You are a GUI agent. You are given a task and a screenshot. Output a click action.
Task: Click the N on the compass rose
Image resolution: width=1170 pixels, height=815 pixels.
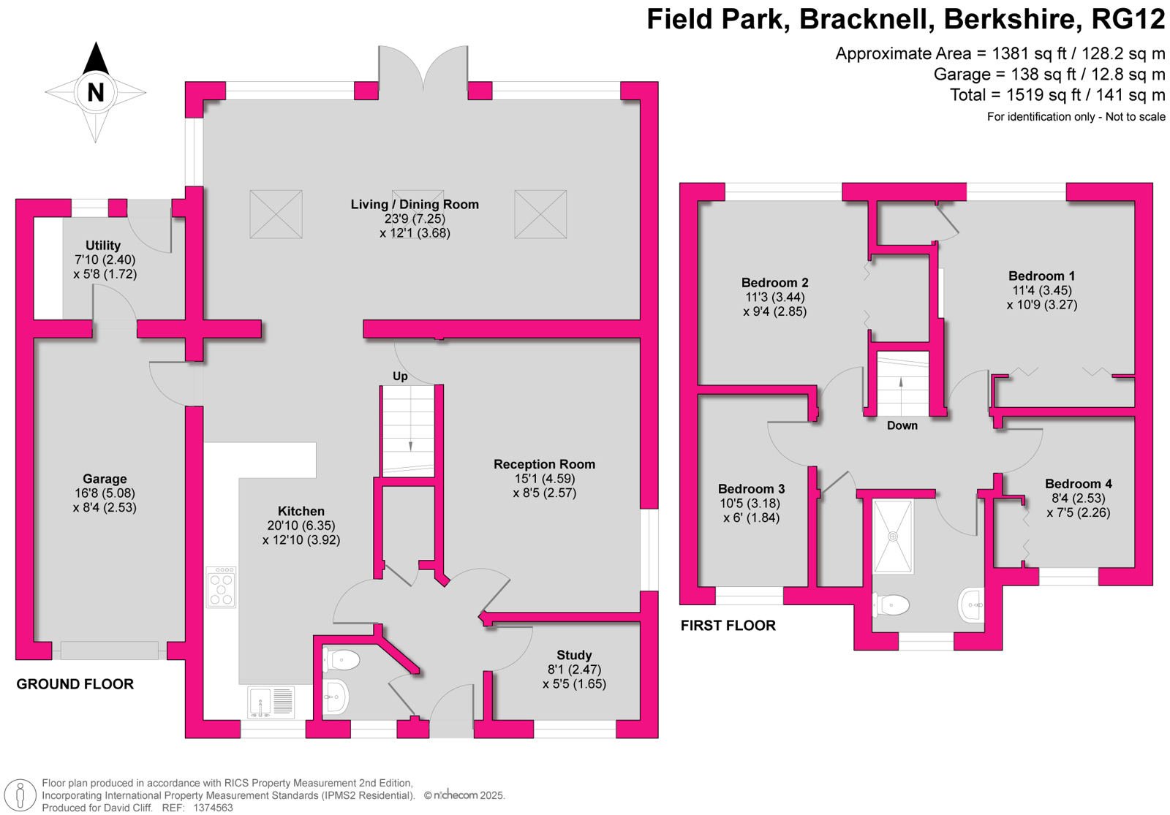95,92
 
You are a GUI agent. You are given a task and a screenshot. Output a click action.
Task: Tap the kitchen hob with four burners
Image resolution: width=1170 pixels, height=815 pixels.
221,588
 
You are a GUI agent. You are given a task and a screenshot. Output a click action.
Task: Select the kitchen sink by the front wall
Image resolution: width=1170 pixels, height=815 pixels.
271,702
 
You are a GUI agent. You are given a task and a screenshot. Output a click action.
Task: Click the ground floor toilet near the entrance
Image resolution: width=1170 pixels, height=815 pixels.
341,660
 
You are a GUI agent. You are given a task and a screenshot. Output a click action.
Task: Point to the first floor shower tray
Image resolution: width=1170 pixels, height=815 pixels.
893,537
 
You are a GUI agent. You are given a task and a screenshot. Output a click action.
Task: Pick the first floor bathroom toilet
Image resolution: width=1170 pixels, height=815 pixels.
891,606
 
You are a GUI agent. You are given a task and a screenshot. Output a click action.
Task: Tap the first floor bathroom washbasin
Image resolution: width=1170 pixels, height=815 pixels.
972,605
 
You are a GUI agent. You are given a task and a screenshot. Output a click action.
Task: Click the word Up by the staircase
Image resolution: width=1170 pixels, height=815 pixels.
400,376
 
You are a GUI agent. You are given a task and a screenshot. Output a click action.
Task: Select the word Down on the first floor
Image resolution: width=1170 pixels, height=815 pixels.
902,425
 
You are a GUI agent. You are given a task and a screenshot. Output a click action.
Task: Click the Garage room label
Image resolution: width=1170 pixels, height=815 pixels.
105,479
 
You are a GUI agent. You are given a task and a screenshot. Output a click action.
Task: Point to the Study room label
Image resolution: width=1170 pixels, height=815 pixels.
574,655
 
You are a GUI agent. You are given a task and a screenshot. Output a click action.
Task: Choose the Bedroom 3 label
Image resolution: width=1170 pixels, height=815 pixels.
751,489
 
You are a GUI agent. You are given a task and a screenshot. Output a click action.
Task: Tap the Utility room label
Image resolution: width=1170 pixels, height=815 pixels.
103,246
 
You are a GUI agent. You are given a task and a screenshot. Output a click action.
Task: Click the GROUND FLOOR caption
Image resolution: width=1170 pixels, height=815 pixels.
75,684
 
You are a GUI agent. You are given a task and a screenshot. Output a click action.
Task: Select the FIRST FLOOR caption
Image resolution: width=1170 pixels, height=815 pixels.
728,626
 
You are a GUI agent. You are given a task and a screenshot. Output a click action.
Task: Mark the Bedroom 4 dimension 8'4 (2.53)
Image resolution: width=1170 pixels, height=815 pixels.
1078,498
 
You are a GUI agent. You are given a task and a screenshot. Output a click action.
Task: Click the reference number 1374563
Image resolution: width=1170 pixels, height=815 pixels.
213,808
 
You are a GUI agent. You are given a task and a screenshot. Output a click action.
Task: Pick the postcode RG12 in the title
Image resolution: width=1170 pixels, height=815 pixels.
1128,19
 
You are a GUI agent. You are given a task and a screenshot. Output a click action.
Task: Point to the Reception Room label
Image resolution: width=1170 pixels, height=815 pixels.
544,464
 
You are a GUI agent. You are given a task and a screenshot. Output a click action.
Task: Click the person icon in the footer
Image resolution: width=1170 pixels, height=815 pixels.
20,796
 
